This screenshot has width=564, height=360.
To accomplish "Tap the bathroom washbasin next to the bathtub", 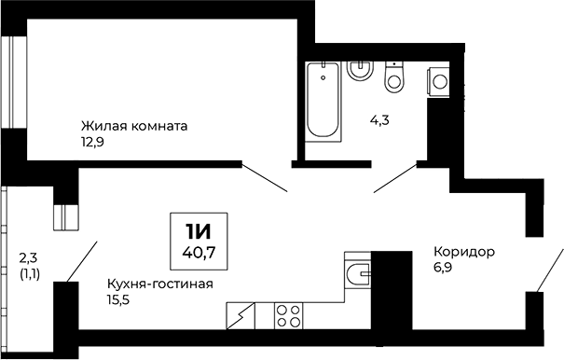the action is click(359, 70).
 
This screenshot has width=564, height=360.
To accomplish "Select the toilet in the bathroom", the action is click(394, 76).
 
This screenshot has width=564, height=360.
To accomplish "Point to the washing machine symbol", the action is click(439, 81).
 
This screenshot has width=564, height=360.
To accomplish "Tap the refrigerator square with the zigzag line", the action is click(241, 316).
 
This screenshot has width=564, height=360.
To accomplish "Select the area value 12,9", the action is click(94, 142).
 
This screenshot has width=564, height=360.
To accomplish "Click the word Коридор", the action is click(463, 252).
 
